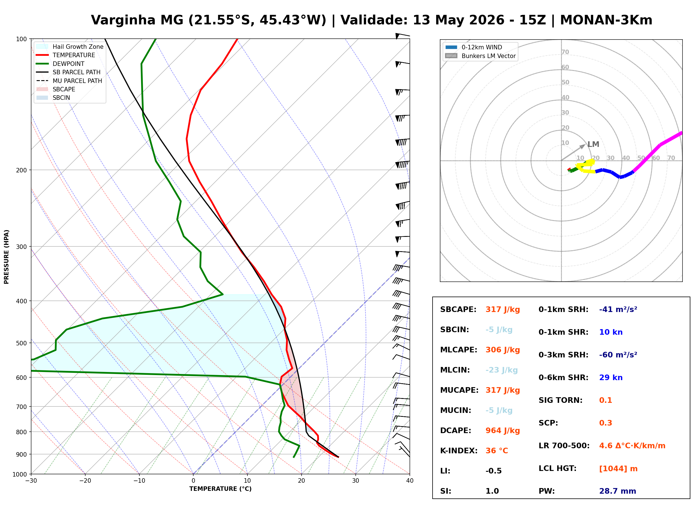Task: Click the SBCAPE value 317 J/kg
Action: point(503,309)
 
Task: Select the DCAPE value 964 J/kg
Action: point(503,431)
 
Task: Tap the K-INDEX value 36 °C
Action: point(497,451)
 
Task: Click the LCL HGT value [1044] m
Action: point(618,469)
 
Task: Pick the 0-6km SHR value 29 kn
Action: point(611,378)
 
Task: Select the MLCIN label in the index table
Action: point(455,370)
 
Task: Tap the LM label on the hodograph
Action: point(593,144)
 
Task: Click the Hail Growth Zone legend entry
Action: point(70,47)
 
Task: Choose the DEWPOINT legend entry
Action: point(60,64)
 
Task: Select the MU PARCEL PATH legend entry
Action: point(69,81)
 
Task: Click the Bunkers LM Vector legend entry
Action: point(480,56)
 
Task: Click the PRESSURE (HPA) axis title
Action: point(6,257)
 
